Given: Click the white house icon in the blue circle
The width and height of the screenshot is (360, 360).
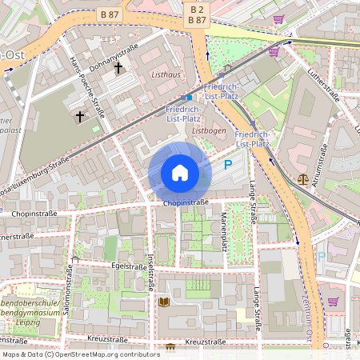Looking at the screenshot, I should pos(179,173).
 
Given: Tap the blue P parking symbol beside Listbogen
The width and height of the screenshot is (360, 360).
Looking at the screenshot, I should pos(227,166).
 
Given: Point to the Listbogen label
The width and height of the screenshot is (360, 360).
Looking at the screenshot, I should pos(208,129).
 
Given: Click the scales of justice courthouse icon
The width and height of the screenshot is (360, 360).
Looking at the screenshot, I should pos(302,179).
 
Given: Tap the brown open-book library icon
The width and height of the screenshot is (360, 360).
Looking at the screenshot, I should pos(164,302).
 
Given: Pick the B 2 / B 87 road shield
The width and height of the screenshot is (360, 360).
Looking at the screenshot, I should pos(196,14).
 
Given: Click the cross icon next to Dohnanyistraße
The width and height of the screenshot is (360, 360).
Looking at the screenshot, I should pos(118,68).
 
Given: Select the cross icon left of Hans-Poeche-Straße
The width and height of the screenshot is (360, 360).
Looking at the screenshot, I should pos(79,117).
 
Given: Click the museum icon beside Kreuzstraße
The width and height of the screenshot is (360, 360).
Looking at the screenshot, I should pos(170,348).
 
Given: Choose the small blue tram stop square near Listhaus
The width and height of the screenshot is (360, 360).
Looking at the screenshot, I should pos(190,97).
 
